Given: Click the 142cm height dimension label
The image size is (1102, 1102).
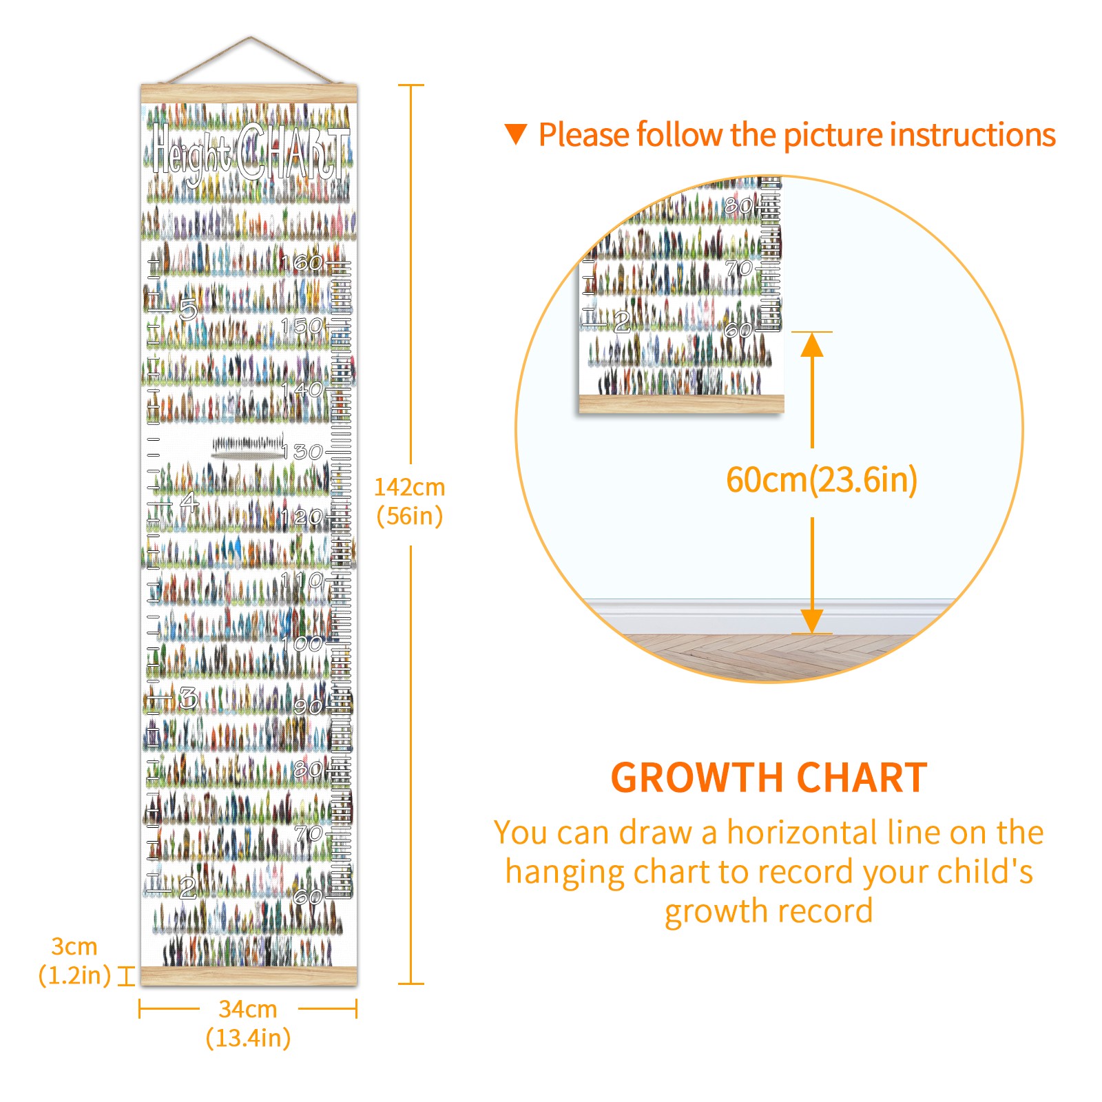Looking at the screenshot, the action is (x=410, y=501).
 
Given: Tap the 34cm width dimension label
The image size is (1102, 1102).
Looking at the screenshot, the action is (x=248, y=1023).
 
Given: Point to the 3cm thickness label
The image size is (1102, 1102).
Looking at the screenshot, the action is (x=74, y=961).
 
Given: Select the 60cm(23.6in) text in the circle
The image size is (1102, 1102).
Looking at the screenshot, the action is (x=822, y=479).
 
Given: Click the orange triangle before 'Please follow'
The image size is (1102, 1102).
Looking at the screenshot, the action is (x=516, y=134).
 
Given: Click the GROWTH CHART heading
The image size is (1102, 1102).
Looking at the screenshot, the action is (x=769, y=778).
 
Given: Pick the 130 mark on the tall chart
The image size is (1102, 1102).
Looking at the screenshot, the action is (x=302, y=452).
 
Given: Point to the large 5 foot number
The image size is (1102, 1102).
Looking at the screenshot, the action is (x=188, y=309).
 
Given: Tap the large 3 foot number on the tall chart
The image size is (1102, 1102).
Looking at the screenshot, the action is (x=188, y=698).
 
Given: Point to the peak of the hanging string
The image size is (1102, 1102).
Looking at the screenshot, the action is (x=251, y=37).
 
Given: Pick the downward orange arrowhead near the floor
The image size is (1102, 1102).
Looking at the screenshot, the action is (x=812, y=621).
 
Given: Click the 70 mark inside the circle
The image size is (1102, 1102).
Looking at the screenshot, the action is (x=739, y=267).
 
